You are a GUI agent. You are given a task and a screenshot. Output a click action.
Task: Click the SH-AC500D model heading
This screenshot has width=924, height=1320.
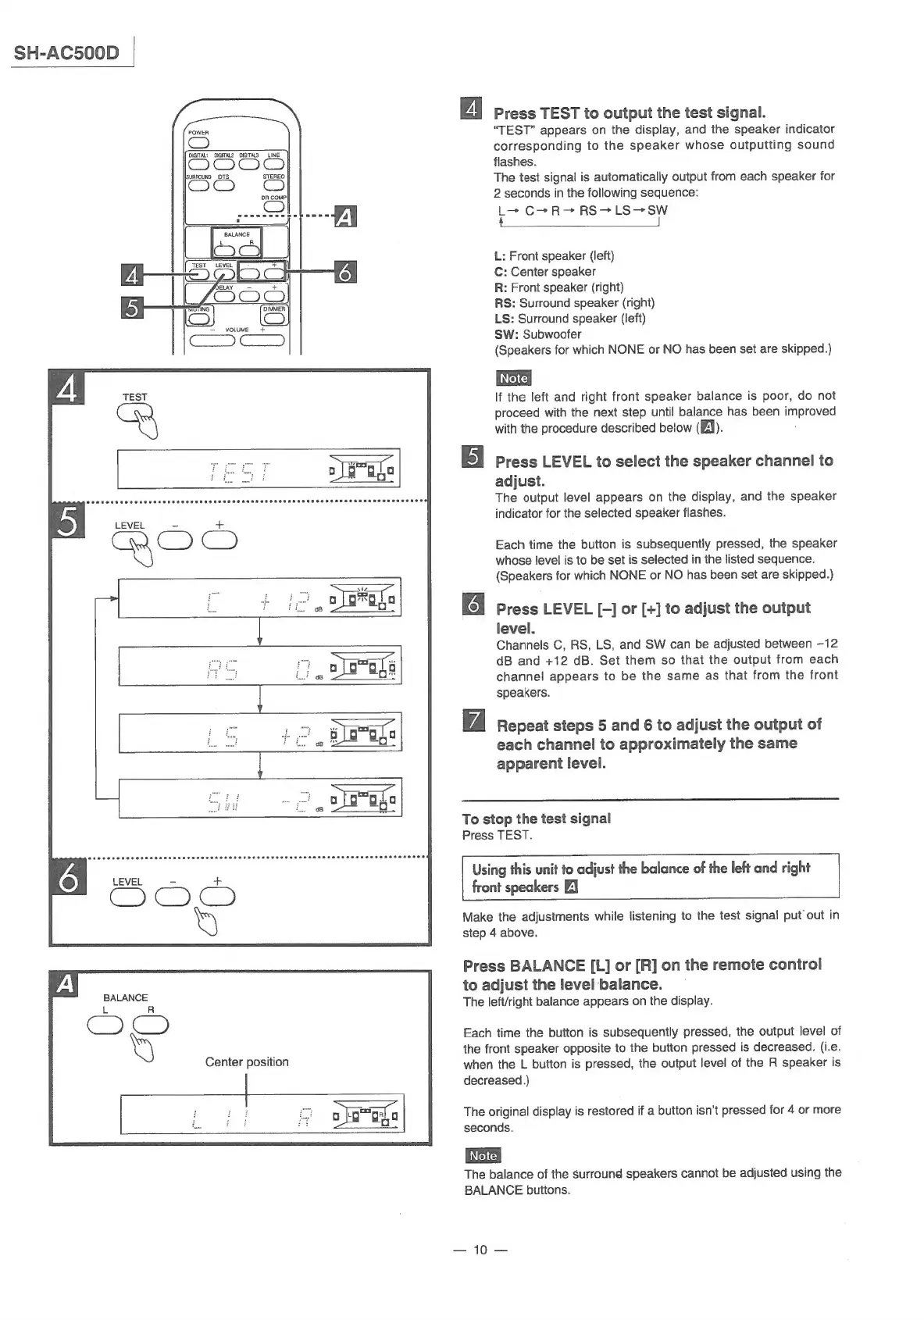tap(67, 53)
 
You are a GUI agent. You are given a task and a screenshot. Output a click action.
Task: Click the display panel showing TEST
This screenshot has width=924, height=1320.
tap(259, 469)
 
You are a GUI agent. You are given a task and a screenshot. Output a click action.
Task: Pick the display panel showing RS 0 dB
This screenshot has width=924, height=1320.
tap(259, 666)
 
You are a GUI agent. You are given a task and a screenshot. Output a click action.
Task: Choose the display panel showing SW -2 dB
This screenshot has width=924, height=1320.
tap(259, 797)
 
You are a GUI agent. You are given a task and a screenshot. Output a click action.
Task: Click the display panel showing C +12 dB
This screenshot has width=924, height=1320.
tap(259, 598)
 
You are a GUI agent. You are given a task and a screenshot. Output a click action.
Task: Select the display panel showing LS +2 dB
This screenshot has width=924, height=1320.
tap(259, 733)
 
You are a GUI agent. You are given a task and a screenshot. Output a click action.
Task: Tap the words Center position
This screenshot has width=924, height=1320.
tap(247, 1062)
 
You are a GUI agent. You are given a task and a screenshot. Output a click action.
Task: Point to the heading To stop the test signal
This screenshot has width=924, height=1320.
tap(536, 819)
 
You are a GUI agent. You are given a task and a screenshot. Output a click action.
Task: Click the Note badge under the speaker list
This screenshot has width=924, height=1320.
tap(513, 378)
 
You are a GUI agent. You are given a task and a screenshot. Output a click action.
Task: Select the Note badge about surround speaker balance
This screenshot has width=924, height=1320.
tap(483, 1155)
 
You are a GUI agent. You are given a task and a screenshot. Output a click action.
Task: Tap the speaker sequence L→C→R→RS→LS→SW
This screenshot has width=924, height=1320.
tap(582, 211)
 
